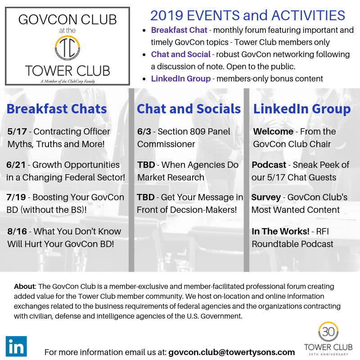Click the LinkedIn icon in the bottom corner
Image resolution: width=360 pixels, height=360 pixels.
pos(16,346)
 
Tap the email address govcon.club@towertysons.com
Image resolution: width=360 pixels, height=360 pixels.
pos(231,352)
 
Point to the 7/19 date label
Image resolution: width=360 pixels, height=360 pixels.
pos(17,197)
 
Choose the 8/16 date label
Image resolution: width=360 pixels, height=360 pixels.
pos(17,231)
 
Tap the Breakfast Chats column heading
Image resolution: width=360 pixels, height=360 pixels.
pos(57,109)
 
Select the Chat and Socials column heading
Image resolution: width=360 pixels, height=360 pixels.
pos(189,109)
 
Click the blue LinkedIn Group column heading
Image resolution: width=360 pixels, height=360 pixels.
pos(302,109)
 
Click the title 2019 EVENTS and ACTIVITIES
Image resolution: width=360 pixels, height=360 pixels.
pos(247,16)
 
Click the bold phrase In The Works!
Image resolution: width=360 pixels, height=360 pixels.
pos(280,231)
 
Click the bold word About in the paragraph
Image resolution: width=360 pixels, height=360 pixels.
pos(25,286)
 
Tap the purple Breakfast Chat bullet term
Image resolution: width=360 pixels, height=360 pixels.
pos(179,30)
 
